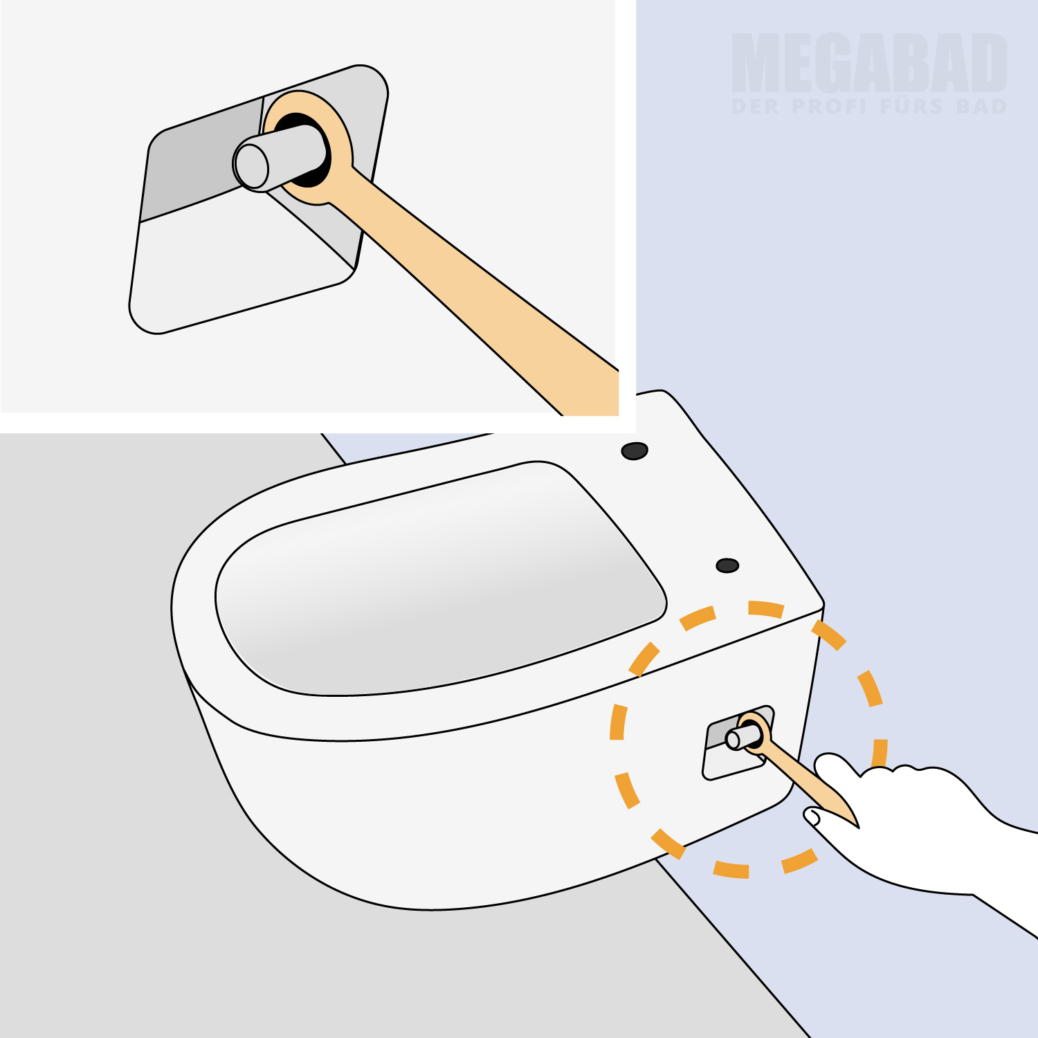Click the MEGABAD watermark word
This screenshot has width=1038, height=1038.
pyautogui.click(x=869, y=63)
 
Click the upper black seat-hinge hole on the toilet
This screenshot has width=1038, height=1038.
pyautogui.click(x=635, y=451)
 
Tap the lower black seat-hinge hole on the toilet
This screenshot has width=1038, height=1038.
pyautogui.click(x=727, y=565)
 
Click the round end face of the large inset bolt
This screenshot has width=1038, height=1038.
pyautogui.click(x=251, y=166)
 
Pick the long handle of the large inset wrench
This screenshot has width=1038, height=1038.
pyautogui.click(x=477, y=298)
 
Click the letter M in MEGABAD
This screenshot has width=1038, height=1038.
pyautogui.click(x=756, y=63)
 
